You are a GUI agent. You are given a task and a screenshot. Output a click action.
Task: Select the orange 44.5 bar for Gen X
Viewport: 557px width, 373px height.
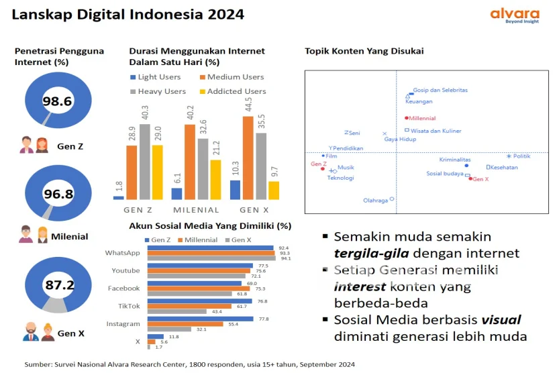click(247, 158)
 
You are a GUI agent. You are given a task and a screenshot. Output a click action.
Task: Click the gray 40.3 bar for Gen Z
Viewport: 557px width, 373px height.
click(145, 162)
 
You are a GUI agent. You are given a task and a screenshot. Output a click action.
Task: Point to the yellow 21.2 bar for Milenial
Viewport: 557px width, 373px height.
click(215, 179)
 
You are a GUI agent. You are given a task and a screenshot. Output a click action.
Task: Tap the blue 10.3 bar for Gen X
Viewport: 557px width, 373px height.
click(235, 189)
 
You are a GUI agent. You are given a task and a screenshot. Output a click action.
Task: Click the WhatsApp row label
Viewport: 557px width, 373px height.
click(122, 253)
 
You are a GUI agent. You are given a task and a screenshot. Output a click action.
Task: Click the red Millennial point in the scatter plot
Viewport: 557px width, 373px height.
click(406, 118)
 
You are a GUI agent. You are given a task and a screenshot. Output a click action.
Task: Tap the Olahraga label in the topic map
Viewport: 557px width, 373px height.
click(375, 200)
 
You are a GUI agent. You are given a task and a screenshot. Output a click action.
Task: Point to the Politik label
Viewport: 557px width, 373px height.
click(521, 156)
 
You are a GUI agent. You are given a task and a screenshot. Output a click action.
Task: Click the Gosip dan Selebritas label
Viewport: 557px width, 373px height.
click(440, 90)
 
